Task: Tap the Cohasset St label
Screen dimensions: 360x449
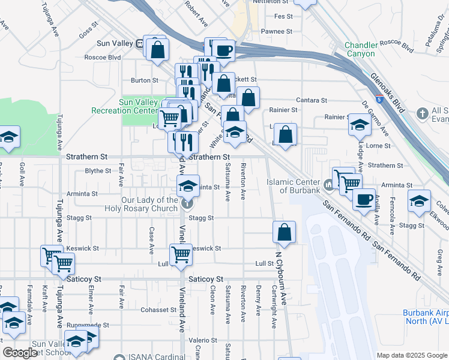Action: tap(158, 310)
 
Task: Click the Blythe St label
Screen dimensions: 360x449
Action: tap(98, 170)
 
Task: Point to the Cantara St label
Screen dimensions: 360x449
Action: tap(311, 100)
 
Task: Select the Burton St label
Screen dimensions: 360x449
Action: tap(145, 80)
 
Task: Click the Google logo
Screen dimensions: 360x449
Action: tap(20, 353)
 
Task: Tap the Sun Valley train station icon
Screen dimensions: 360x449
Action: tap(140, 43)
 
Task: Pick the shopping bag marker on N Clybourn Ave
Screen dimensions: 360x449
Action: tap(284, 233)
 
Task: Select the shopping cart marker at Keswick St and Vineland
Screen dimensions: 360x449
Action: tap(181, 254)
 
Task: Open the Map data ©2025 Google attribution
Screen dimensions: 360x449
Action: tap(412, 355)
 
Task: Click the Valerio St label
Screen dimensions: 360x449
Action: tap(199, 340)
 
